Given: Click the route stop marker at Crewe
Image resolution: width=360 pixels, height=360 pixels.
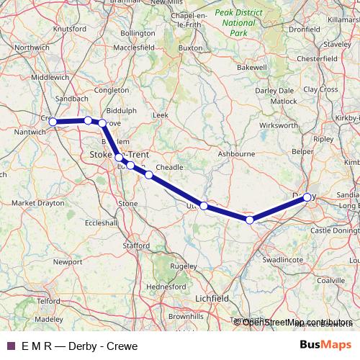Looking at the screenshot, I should (x=53, y=122).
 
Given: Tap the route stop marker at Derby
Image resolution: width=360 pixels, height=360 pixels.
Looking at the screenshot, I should (x=307, y=197).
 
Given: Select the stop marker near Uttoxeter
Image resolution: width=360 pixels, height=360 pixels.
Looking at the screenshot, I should (x=204, y=206).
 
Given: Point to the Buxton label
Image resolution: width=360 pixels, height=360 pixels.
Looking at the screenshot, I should (x=191, y=48).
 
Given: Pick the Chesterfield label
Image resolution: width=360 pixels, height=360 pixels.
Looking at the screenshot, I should (x=318, y=58).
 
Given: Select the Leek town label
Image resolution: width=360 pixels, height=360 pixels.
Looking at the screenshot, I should (x=160, y=114).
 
